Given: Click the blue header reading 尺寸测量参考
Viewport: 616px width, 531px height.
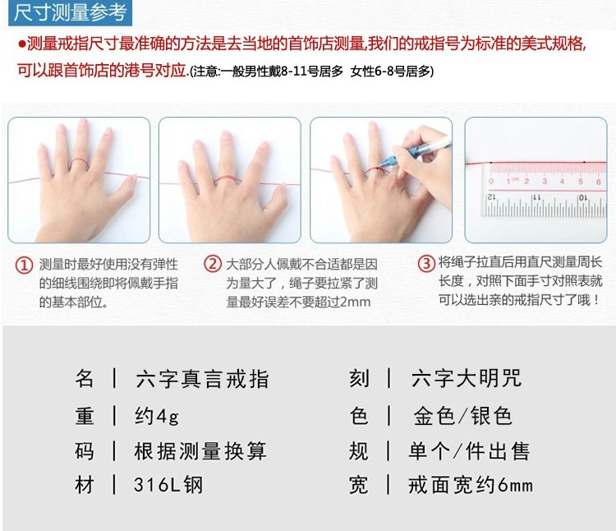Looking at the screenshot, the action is (70, 12).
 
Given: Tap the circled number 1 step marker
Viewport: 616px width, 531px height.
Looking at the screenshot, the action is (24, 265).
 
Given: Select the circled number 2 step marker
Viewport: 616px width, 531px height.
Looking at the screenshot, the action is (213, 263).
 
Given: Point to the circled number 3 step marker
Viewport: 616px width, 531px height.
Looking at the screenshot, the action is (426, 263).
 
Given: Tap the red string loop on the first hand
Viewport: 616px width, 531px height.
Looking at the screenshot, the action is (80, 163).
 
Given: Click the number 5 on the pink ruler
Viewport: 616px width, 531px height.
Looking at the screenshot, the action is (581, 182).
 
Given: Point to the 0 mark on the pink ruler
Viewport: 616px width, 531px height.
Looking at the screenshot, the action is (491, 182).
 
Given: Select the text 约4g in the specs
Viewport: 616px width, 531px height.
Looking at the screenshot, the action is (156, 416).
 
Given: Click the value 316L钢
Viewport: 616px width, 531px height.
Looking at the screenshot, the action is (168, 485).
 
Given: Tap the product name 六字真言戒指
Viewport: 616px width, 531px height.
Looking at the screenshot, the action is (202, 379).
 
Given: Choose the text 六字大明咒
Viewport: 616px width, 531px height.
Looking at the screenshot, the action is (466, 378).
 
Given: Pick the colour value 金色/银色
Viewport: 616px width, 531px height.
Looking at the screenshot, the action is (462, 416).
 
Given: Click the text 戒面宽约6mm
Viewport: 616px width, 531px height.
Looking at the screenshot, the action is (471, 485).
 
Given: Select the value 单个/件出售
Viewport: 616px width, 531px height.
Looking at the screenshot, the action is (469, 450).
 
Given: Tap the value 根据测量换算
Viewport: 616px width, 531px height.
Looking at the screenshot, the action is (200, 450).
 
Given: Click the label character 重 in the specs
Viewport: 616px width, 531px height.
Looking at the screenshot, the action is (85, 416).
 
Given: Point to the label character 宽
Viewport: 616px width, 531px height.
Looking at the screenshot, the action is (359, 485).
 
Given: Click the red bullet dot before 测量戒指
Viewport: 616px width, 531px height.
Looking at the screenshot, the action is (21, 44).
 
